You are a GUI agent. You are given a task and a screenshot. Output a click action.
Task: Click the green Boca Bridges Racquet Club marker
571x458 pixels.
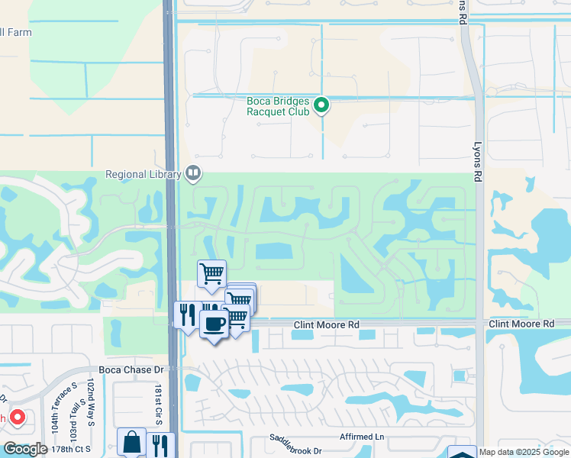(322, 105)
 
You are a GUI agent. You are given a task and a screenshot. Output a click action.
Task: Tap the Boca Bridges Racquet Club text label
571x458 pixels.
(278, 106)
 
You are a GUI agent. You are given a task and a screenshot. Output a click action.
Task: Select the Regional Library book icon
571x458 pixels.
(194, 174)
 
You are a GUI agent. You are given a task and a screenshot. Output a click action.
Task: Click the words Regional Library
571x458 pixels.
(144, 174)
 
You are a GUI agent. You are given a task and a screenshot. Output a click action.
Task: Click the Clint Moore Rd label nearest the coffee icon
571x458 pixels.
(327, 325)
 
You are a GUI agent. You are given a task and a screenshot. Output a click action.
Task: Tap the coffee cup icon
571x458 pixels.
(214, 324)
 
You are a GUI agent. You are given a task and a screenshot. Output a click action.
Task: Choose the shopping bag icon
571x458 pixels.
(131, 443)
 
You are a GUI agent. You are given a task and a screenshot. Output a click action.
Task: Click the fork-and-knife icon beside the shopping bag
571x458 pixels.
(160, 445)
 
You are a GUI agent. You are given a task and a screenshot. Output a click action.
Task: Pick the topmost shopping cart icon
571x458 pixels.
(211, 273)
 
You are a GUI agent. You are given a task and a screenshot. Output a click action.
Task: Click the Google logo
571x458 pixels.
(25, 449)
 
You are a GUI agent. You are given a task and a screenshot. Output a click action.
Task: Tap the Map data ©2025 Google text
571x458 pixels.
(524, 452)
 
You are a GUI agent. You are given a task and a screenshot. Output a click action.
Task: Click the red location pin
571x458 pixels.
(17, 418)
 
